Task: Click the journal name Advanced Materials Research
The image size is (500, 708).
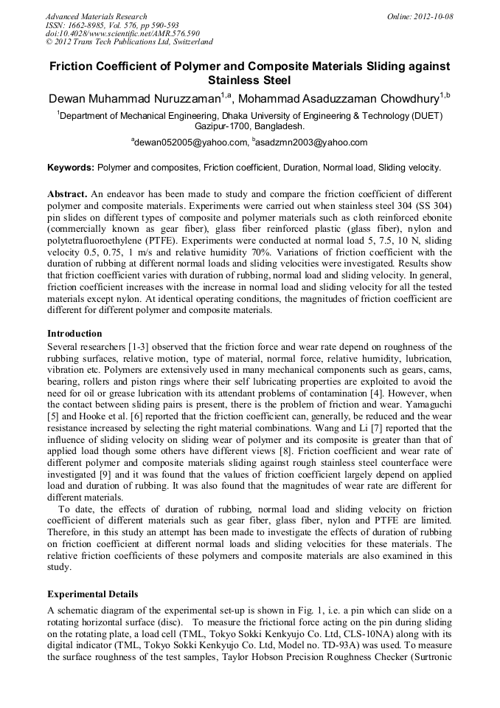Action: click(x=96, y=16)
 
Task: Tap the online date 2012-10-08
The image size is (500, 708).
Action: click(x=434, y=16)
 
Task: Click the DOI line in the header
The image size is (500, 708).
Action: click(x=122, y=34)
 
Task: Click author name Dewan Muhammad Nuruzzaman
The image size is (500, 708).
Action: click(x=137, y=99)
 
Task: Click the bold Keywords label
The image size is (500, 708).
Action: click(x=70, y=168)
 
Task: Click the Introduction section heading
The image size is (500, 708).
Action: click(x=74, y=334)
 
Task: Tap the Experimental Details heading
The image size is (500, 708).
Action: click(x=92, y=594)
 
